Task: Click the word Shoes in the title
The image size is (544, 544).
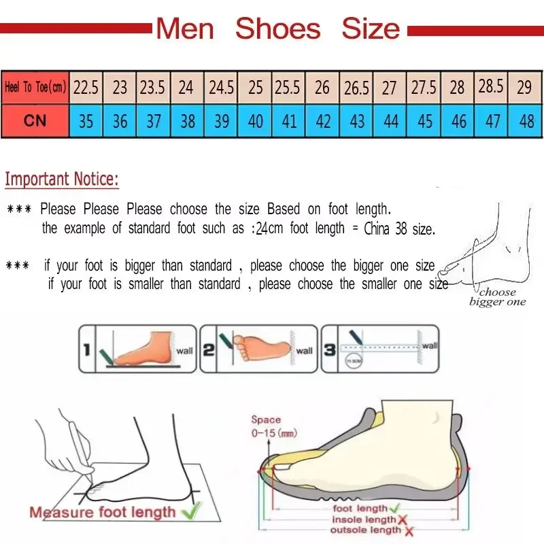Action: pos(277,29)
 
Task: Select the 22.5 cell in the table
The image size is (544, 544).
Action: pos(86,87)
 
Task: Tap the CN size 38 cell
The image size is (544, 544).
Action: pos(188,121)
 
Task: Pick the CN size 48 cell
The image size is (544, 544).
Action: pos(526,121)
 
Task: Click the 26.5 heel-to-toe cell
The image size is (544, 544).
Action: pos(356,87)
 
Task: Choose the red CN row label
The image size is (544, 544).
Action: pos(35,121)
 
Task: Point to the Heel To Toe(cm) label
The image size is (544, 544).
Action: pos(35,87)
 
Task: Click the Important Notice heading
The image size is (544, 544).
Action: pos(62,180)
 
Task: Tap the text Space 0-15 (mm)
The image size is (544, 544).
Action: pos(271,426)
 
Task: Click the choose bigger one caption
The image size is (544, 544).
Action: pos(497,297)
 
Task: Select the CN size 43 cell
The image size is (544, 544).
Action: pos(356,121)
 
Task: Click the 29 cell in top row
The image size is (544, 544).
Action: pos(524,87)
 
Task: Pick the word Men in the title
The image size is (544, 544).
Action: pos(185,29)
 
